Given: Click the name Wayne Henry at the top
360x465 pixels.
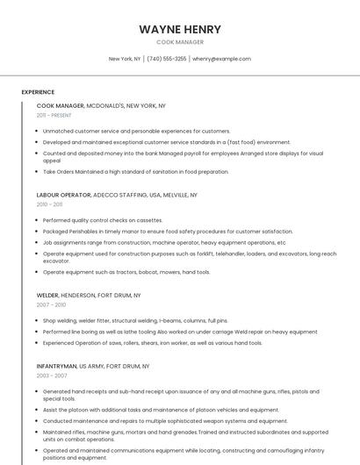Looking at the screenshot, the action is tap(180, 29).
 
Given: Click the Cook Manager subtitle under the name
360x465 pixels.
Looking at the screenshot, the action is tap(180, 42).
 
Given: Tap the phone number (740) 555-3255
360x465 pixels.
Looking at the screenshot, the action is tap(166, 59).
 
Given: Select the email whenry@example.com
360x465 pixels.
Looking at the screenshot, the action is tap(221, 59).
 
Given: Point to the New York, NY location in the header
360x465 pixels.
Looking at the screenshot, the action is tap(125, 59).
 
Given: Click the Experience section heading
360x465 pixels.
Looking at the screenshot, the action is tap(38, 92).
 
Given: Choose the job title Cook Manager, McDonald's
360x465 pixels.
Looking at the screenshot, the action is tap(101, 105).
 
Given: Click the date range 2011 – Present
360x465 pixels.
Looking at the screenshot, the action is tap(54, 115).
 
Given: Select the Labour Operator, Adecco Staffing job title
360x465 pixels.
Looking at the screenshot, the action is tap(117, 195).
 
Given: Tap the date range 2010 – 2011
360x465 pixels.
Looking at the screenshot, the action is tap(49, 204).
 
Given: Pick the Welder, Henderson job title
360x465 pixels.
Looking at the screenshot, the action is tap(89, 296).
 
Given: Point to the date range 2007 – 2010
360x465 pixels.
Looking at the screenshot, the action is tap(51, 305).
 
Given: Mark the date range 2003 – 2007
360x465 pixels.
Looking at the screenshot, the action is tap(51, 375).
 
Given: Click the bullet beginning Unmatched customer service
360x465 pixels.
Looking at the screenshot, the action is tap(136, 131).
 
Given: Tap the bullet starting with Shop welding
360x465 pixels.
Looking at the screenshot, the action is tap(135, 321).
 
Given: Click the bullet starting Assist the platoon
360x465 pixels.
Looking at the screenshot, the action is tap(161, 409).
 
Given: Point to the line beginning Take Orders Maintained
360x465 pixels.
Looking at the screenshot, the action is tap(135, 172).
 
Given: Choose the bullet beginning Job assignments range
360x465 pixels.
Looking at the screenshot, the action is tap(163, 242).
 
